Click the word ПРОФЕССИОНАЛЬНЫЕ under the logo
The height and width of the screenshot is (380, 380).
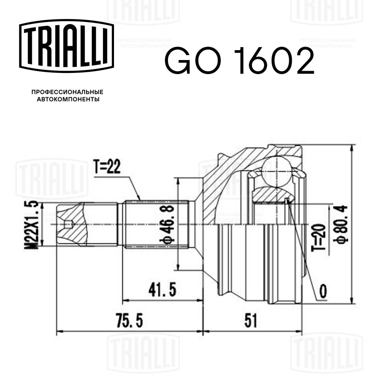67,92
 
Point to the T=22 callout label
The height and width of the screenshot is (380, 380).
107,167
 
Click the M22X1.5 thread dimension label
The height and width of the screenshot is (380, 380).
33,225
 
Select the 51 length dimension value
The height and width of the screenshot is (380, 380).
251,321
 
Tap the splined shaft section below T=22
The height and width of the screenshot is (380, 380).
156,224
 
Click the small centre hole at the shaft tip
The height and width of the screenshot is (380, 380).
68,225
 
